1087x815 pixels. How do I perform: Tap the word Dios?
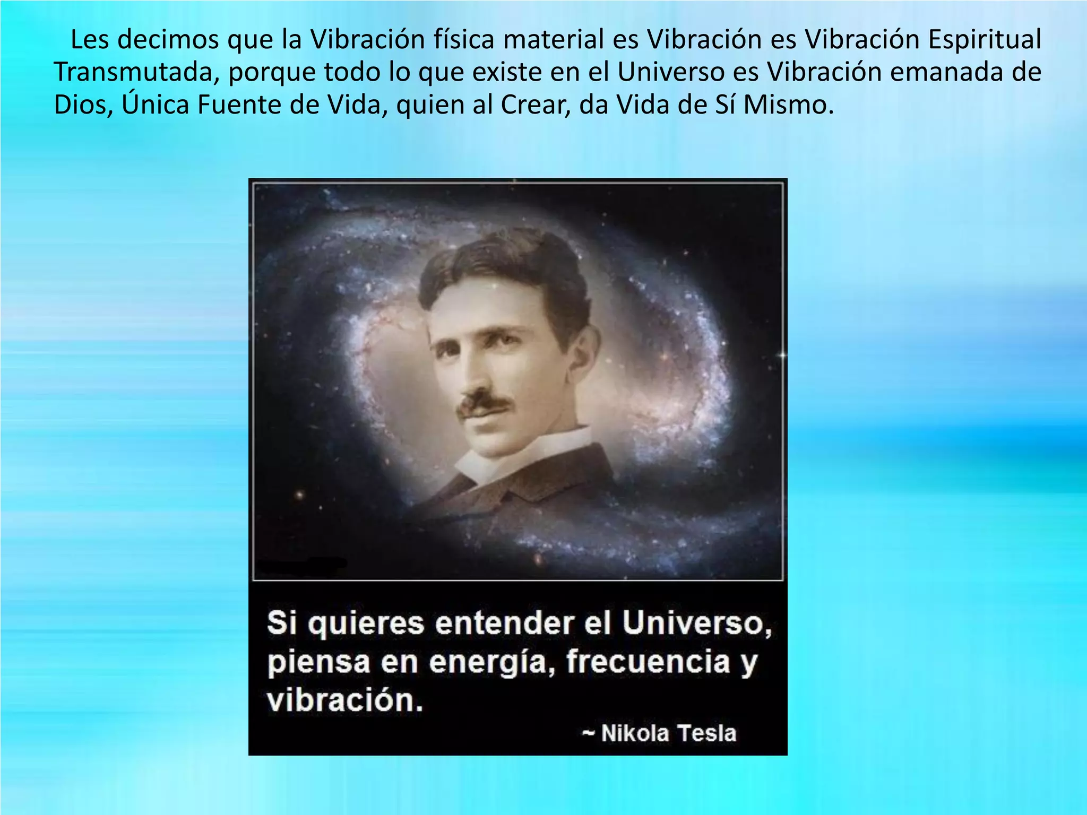83,105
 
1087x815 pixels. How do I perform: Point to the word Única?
156,103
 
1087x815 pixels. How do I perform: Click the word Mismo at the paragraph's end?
787,105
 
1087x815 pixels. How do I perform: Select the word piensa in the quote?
318,663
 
